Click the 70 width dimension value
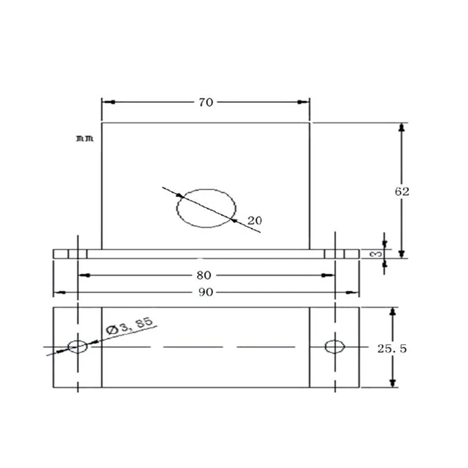tap(206, 102)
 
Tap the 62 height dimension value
tap(402, 192)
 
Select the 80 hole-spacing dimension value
tap(204, 275)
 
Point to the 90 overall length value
tap(206, 292)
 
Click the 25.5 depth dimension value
tap(392, 349)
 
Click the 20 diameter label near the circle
tap(254, 221)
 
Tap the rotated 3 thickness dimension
tap(376, 254)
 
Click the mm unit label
tap(85, 139)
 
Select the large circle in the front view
tap(207, 189)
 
